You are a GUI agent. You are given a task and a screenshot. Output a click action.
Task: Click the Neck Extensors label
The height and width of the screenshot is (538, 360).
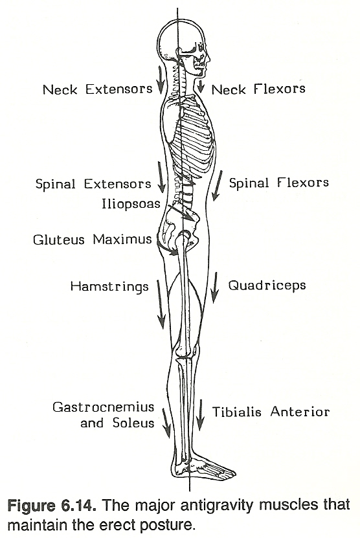[98, 89]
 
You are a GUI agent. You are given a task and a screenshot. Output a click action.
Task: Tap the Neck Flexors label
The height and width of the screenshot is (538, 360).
[258, 89]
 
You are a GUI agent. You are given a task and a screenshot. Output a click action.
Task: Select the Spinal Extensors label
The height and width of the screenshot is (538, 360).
[93, 184]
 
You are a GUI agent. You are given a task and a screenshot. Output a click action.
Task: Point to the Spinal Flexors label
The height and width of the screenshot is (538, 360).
[278, 183]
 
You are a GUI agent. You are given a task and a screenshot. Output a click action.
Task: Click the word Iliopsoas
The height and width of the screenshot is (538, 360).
[131, 204]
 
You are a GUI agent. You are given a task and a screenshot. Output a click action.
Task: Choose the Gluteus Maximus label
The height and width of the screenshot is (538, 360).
[93, 239]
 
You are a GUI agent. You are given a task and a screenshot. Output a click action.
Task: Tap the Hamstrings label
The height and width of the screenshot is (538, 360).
[109, 287]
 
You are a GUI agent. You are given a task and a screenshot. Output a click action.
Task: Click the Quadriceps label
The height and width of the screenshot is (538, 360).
[267, 286]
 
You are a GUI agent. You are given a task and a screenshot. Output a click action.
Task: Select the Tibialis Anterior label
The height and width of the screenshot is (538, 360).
[271, 412]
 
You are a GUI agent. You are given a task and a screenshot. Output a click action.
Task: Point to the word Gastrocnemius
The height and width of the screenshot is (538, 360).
[104, 407]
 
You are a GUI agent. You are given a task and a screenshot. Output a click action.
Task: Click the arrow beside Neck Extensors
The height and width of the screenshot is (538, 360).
[161, 80]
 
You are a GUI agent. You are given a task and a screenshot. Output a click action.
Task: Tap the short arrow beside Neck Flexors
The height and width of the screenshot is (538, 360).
[201, 86]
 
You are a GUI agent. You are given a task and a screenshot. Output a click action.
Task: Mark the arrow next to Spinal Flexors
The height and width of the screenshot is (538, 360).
[218, 186]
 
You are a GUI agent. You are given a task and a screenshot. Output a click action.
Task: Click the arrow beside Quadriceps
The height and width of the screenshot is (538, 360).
[215, 287]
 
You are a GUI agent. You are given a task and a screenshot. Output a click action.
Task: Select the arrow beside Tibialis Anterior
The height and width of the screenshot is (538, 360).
[200, 415]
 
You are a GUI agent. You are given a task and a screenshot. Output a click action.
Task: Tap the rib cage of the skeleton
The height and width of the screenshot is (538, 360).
[192, 137]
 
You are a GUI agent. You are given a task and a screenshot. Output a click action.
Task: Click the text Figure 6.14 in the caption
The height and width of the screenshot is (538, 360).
[51, 506]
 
